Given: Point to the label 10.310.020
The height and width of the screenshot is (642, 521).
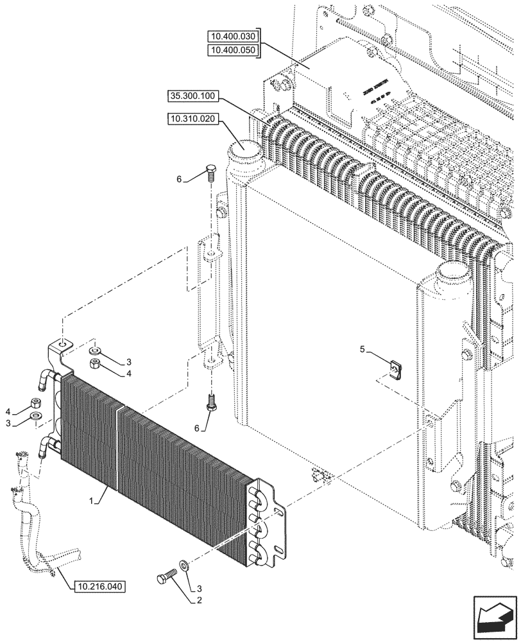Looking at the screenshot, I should pyautogui.click(x=192, y=119).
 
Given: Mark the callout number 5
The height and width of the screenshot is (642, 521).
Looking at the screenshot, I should pyautogui.click(x=362, y=350).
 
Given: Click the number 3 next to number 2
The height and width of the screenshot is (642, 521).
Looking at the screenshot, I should pyautogui.click(x=200, y=587).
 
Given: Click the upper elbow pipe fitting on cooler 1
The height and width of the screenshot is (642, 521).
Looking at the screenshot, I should pyautogui.click(x=45, y=378).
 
